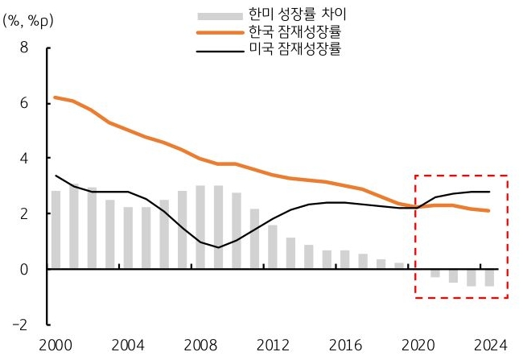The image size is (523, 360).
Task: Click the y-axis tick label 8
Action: point(24,48)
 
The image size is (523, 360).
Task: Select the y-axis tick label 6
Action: point(24,103)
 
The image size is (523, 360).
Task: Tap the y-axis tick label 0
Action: point(24,269)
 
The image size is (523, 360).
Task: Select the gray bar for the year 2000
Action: point(56,230)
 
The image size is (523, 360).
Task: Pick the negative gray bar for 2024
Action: point(488,278)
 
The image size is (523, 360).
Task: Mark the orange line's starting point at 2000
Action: point(56,97)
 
